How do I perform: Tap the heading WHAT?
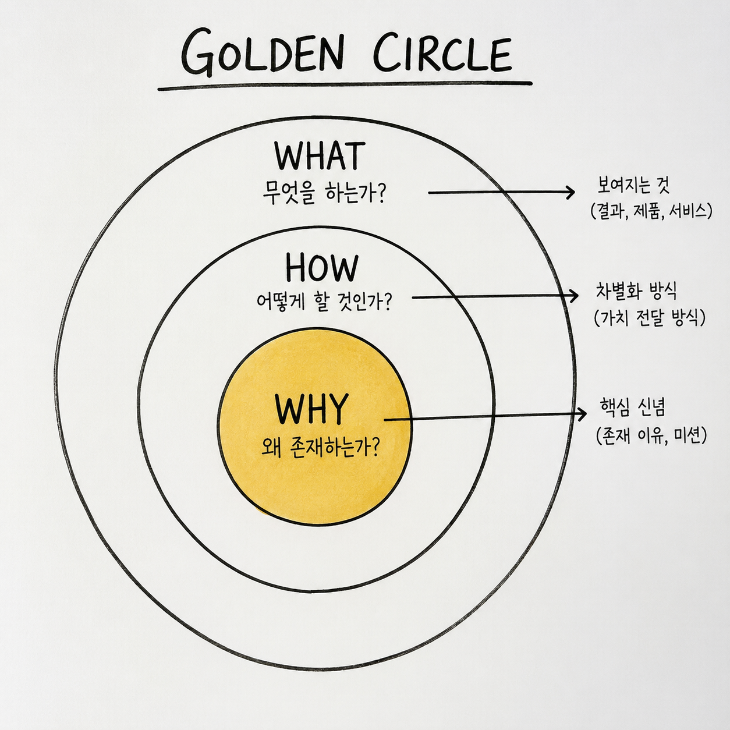(x=320, y=155)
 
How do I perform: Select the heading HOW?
(x=321, y=267)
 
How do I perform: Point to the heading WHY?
(x=311, y=409)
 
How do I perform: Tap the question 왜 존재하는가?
(x=321, y=448)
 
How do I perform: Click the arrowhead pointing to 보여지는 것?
(x=570, y=193)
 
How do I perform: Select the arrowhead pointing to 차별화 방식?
(x=573, y=296)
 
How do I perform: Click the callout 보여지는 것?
(x=631, y=185)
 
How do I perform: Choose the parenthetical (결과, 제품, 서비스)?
(x=650, y=211)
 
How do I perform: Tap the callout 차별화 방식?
(x=636, y=291)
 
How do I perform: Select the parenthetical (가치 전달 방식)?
(x=649, y=317)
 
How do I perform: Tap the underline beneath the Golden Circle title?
(x=345, y=86)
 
